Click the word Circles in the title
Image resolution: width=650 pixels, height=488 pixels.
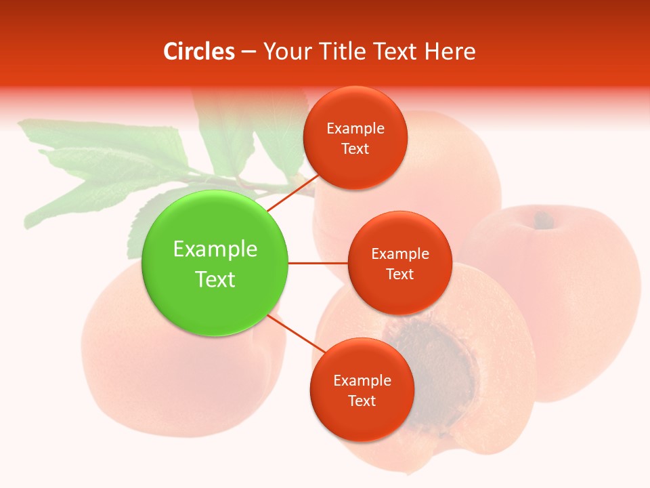coord(198,52)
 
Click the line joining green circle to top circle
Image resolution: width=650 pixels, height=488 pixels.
coord(292,192)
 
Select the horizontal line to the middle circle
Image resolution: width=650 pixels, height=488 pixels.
coord(318,263)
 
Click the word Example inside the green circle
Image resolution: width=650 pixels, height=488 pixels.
coord(215,249)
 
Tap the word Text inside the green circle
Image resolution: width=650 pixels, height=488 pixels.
coord(215,279)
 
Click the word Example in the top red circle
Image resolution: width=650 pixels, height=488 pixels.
coord(355,129)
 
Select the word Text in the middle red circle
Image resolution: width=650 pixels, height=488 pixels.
coord(399,274)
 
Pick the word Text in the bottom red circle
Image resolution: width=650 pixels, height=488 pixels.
coord(362,401)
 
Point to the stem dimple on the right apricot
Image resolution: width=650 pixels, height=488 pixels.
coord(542,219)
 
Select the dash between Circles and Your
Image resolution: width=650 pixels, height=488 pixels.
coord(248,52)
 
